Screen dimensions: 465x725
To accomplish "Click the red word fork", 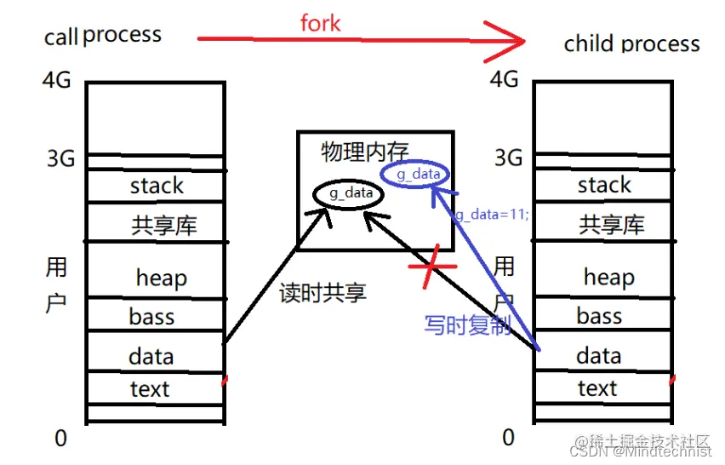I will pos(320,22).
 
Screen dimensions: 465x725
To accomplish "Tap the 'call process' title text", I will pos(103,36).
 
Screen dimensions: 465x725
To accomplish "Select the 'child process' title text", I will pos(631,43).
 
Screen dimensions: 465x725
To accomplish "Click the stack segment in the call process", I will pos(157,186).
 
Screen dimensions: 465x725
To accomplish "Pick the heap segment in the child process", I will pos(608,277).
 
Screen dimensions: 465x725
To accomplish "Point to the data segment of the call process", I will pos(151,356).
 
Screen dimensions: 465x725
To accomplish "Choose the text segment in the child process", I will pos(597,388).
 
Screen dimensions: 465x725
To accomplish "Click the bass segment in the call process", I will pos(151,317).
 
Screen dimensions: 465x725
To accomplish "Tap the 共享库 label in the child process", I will pos(611,225).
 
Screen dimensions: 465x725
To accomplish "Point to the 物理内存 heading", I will pos(364,152).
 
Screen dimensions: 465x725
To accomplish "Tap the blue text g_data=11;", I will pos(492,215).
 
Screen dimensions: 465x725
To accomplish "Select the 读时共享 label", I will pos(323,294).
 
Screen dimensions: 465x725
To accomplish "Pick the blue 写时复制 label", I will pos(467,324).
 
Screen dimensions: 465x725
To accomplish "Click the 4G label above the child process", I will pos(505,79).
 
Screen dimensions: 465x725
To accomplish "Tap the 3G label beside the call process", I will pos(59,159).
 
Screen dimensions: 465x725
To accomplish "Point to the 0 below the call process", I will pos(60,438).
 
